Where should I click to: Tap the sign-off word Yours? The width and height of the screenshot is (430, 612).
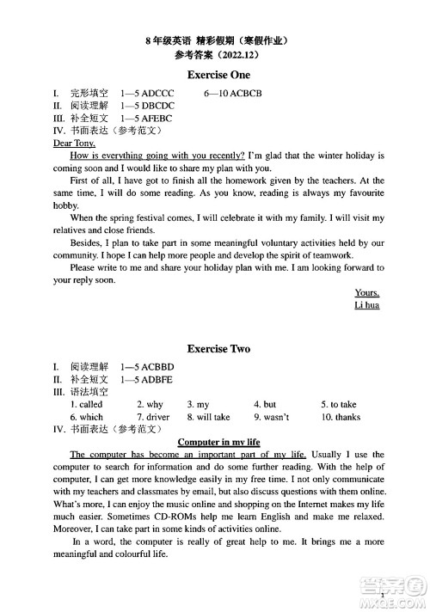pyautogui.click(x=367, y=292)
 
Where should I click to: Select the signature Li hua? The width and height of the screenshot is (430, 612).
pyautogui.click(x=366, y=305)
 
